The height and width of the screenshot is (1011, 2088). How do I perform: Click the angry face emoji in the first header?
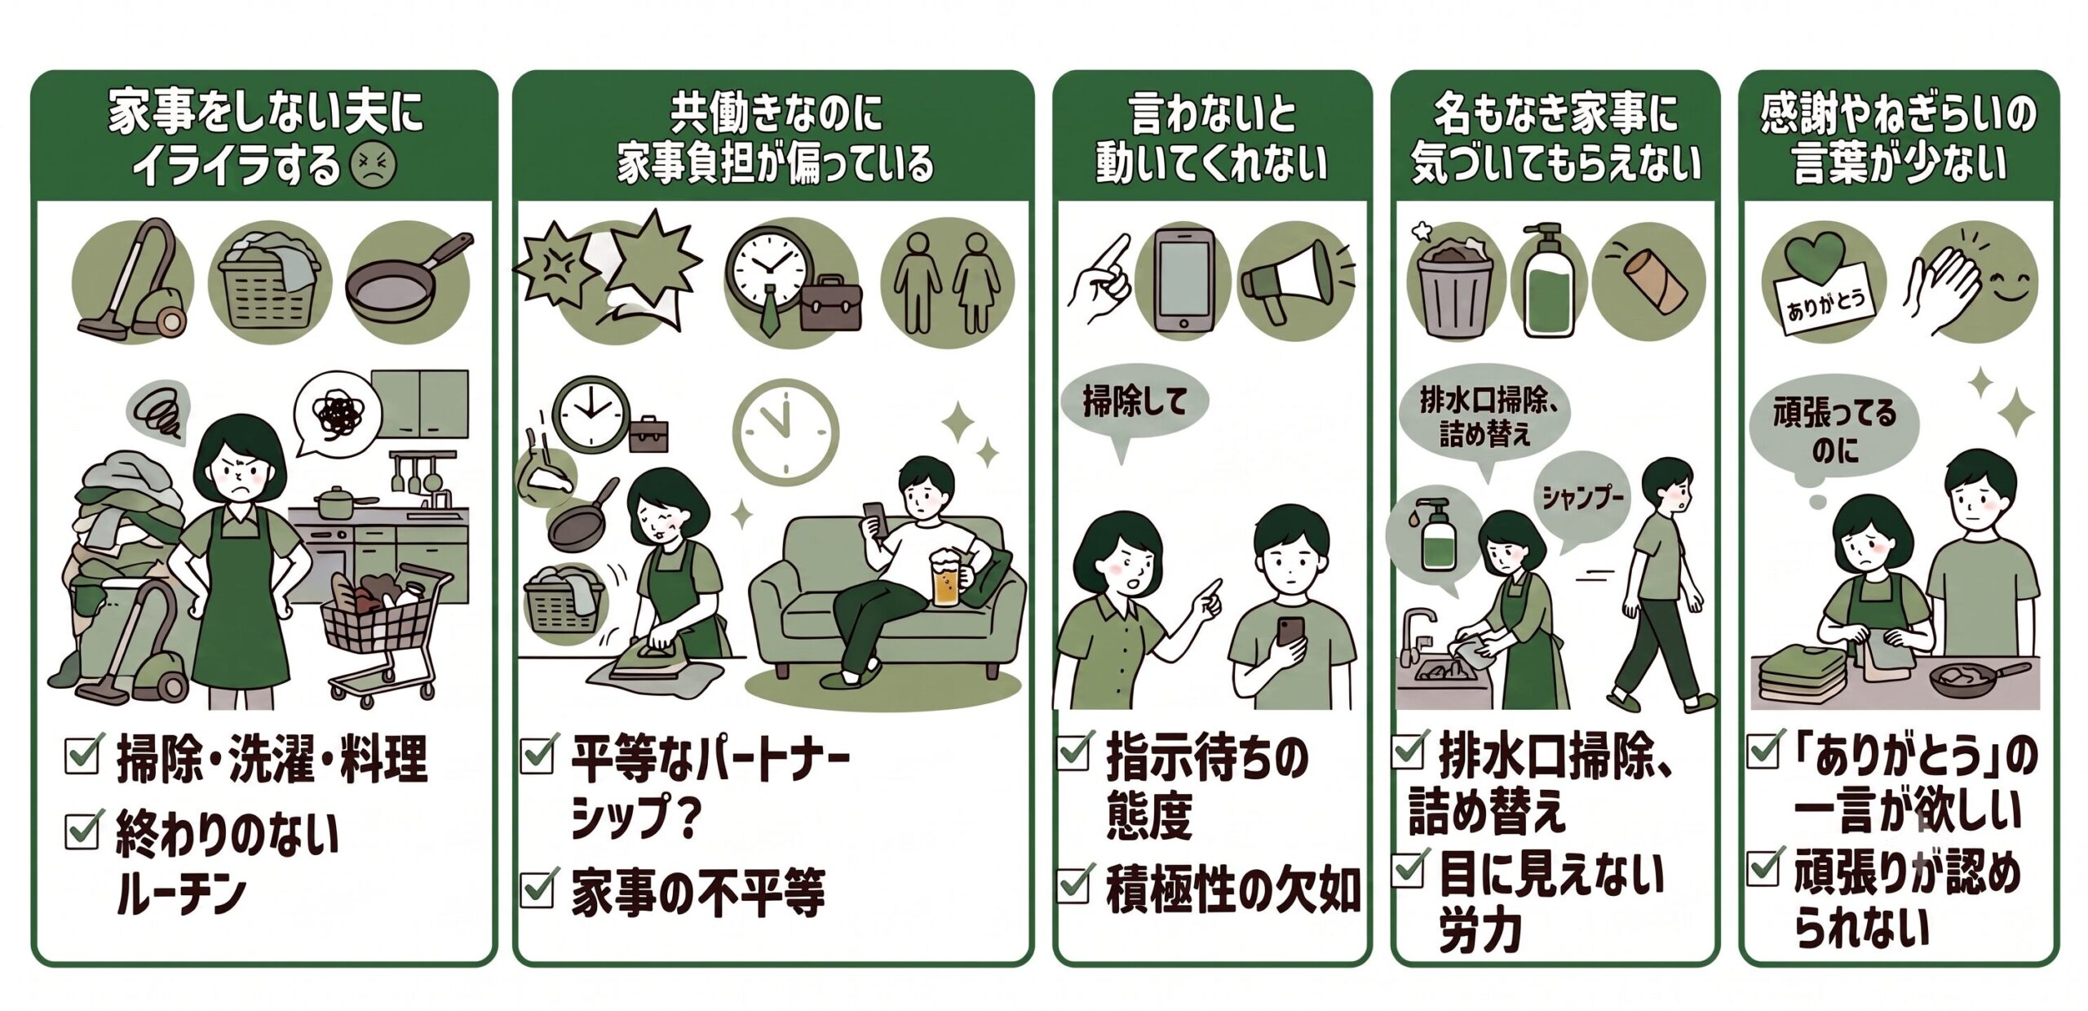point(373,166)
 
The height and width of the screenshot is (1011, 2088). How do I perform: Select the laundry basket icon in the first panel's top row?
point(270,284)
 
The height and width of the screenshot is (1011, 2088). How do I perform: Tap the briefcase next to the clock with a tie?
point(831,304)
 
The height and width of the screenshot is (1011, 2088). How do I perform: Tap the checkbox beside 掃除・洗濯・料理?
point(85,754)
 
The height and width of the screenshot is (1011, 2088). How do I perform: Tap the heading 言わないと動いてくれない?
point(1212,137)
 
